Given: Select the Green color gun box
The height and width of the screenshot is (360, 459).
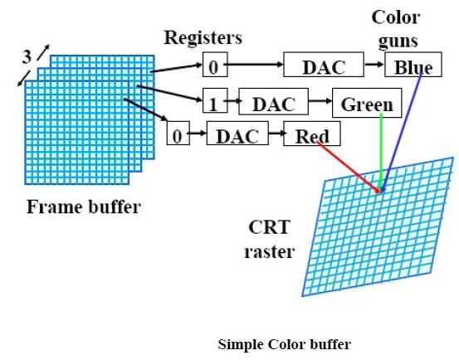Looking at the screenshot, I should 366,104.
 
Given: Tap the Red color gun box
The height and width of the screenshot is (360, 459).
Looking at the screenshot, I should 312,135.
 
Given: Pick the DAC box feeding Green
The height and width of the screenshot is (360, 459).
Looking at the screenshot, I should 273,104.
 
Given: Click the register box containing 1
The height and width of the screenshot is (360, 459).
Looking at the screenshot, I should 214,104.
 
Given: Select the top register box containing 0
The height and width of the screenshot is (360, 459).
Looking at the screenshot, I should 213,65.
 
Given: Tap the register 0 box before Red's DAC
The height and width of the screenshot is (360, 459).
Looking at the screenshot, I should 176,135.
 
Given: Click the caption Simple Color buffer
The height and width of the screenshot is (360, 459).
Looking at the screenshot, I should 284,343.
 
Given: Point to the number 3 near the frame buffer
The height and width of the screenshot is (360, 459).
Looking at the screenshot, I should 27,56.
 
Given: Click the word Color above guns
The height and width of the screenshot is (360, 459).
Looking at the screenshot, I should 395,17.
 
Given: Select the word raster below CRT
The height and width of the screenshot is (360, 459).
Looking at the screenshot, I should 269,251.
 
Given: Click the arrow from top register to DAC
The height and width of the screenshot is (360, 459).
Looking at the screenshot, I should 253,64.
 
